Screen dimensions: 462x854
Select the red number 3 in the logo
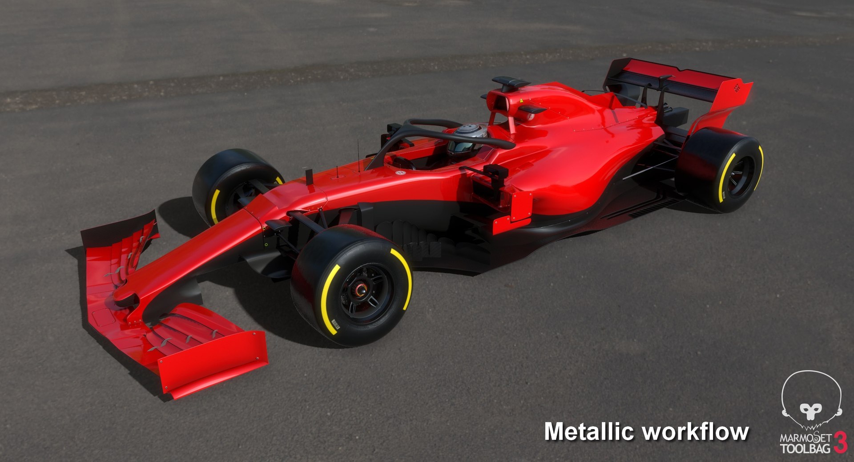coord(840,442)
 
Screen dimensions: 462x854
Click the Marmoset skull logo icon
coord(811,401)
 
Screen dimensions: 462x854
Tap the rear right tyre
coord(718,169)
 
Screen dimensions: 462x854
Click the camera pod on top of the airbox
coord(510,82)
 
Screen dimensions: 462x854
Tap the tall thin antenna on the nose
coord(358,156)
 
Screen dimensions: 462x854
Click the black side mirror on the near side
coord(496,171)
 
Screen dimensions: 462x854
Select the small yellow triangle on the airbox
coord(521,101)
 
